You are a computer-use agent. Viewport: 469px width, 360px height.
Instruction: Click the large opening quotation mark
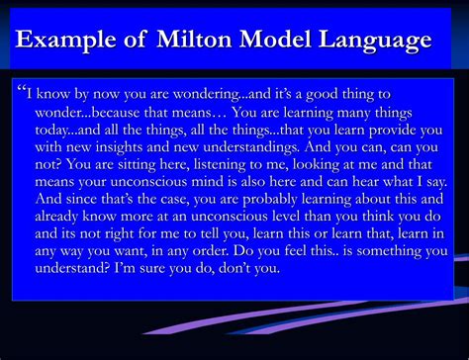coord(21,91)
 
